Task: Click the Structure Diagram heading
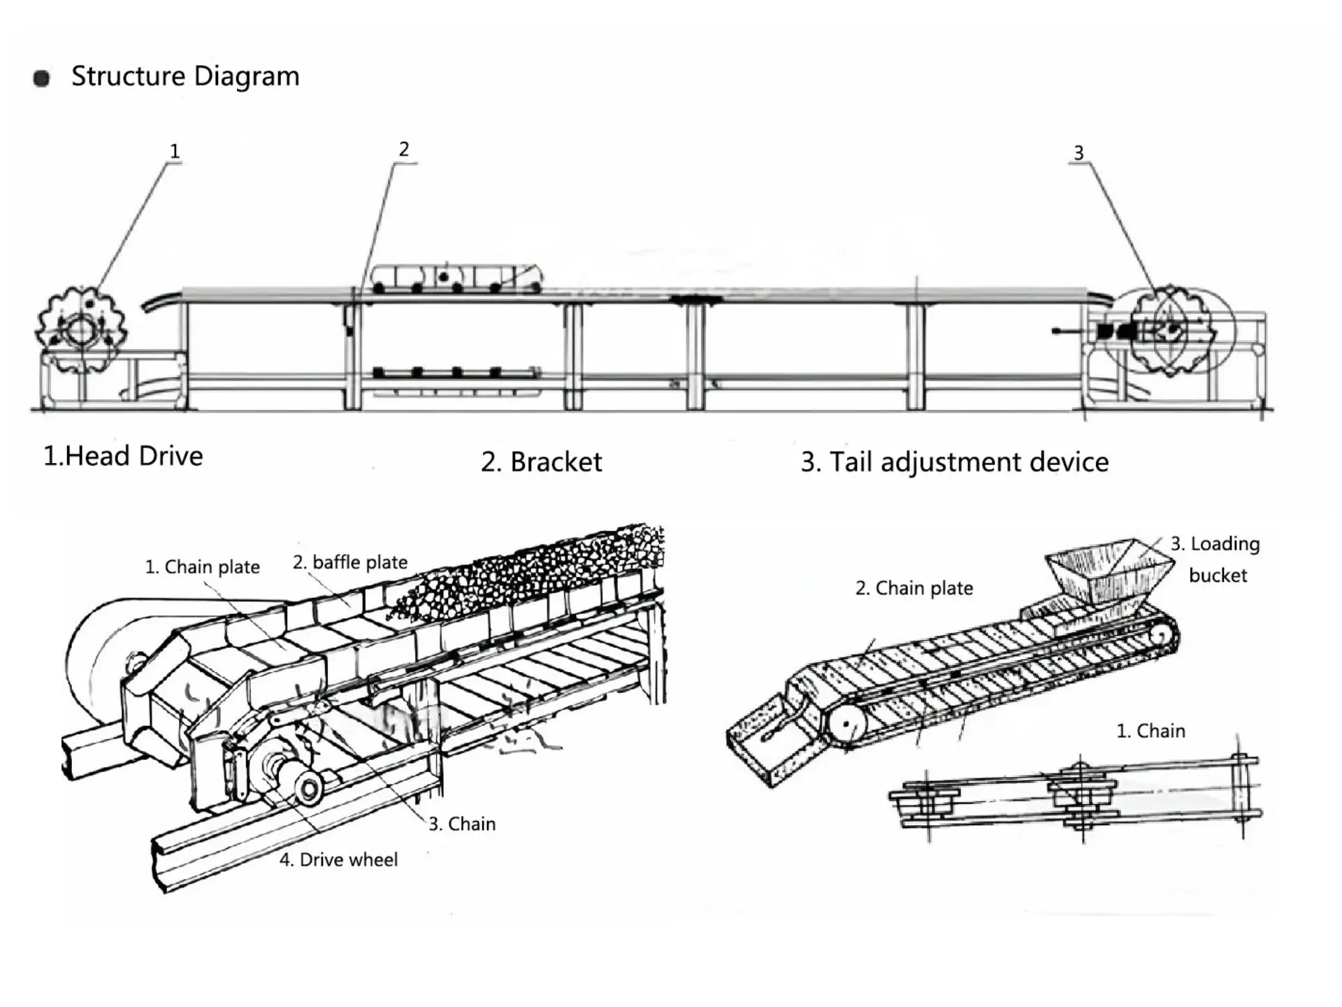click(185, 76)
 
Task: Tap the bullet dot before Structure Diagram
click(42, 78)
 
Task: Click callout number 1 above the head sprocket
click(175, 151)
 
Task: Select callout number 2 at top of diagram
click(404, 149)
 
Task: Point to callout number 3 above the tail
click(1078, 152)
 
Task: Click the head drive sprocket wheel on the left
click(81, 329)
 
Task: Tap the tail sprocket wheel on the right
click(1171, 330)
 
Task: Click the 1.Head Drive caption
click(123, 456)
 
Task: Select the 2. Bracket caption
click(541, 462)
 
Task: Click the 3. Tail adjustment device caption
click(954, 462)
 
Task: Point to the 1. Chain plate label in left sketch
click(202, 566)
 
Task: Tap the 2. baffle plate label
click(349, 562)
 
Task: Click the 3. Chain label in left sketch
click(462, 824)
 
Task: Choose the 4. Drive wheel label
click(338, 859)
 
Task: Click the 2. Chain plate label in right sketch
click(914, 588)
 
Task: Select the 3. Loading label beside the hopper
click(1215, 544)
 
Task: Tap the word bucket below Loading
click(1218, 575)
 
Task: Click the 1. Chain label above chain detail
click(1150, 731)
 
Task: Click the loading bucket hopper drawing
click(1109, 571)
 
